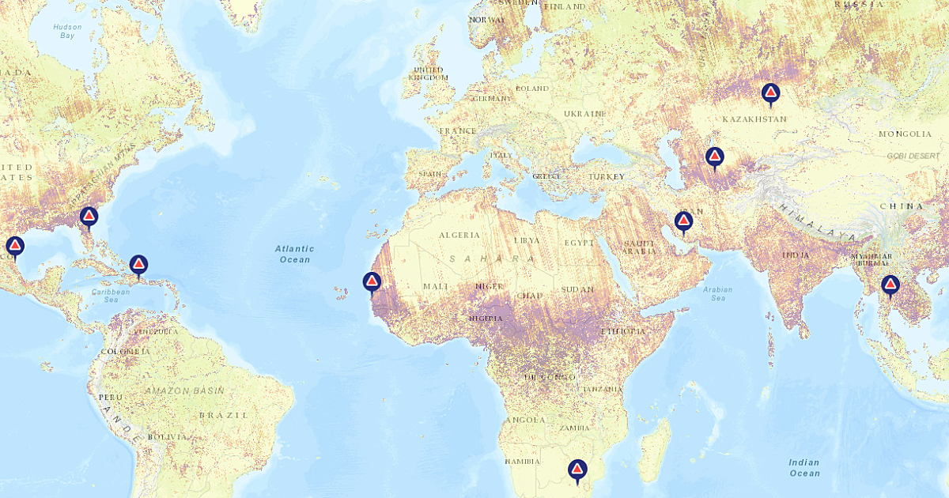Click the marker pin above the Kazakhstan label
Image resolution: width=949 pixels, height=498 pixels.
click(770, 94)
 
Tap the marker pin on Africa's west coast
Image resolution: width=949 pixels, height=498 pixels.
click(372, 281)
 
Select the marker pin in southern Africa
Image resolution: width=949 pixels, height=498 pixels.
click(577, 470)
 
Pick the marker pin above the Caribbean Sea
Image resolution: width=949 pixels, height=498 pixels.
click(138, 265)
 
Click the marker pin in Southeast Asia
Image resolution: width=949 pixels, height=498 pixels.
click(890, 285)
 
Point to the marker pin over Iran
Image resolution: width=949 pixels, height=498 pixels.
click(683, 221)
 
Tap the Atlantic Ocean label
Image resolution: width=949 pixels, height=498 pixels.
click(293, 254)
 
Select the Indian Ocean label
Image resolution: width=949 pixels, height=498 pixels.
click(804, 467)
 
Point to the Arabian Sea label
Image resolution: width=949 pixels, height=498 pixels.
click(717, 293)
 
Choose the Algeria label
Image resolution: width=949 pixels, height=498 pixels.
click(459, 235)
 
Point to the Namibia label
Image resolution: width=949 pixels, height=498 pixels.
click(522, 461)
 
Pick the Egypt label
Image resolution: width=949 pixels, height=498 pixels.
click(577, 242)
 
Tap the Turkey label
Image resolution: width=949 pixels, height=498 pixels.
click(606, 176)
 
